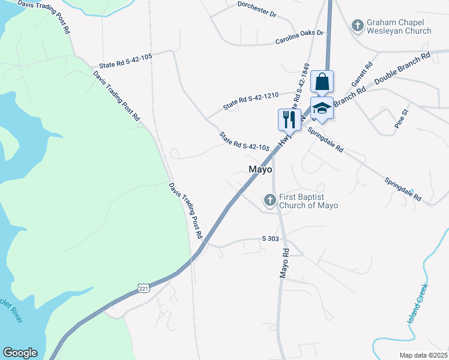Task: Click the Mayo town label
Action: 261,169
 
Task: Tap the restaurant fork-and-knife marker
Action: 289,119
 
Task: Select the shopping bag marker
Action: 322,82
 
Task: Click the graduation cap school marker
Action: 322,109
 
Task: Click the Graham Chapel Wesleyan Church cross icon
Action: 357,25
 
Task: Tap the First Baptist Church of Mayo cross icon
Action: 270,199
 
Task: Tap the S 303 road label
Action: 271,239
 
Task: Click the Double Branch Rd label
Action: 402,68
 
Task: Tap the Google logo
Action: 20,353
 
